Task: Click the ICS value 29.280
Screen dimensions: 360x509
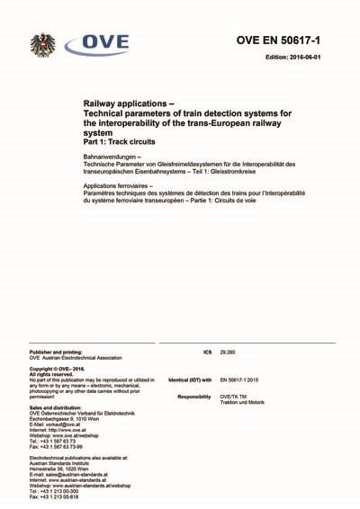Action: click(x=229, y=353)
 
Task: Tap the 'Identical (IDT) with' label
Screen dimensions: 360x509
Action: click(x=190, y=380)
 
